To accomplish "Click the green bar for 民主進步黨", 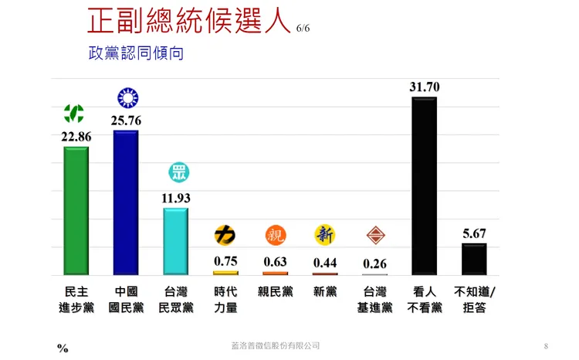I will (76, 210).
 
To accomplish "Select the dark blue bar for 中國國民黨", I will (126, 202).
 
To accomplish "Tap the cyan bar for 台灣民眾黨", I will (175, 241).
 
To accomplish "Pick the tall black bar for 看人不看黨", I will (424, 185).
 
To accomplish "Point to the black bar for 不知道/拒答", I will (474, 259).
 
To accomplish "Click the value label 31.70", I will (424, 87).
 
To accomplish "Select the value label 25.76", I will (126, 121).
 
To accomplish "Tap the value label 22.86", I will (76, 137).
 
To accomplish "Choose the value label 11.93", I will (175, 198).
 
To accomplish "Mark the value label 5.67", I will (474, 233).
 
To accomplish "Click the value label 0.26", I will (374, 263).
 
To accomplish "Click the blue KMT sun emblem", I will (126, 98).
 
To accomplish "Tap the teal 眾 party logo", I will (178, 172).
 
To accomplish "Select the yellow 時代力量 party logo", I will (225, 234).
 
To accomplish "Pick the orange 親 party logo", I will (275, 234).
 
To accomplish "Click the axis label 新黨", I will (325, 292).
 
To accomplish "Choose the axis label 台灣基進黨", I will (374, 300).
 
